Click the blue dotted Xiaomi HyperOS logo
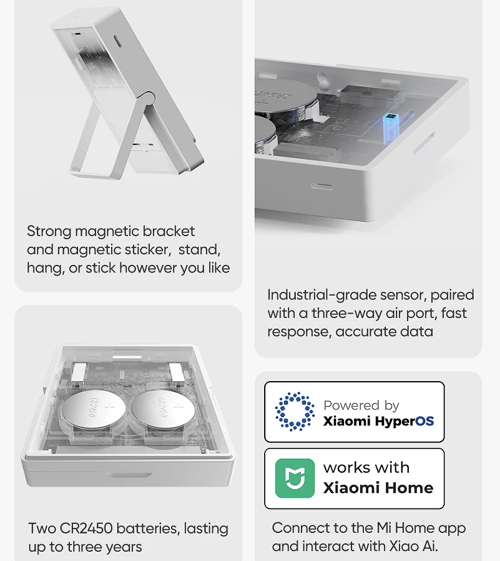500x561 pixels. tap(295, 412)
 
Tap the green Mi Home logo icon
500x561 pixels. tap(295, 478)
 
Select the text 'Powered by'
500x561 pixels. tap(361, 405)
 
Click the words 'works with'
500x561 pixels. tap(366, 467)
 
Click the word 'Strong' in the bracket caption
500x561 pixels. tap(49, 232)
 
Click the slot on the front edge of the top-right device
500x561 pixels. tap(321, 186)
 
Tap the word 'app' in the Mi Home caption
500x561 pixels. tap(451, 529)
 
